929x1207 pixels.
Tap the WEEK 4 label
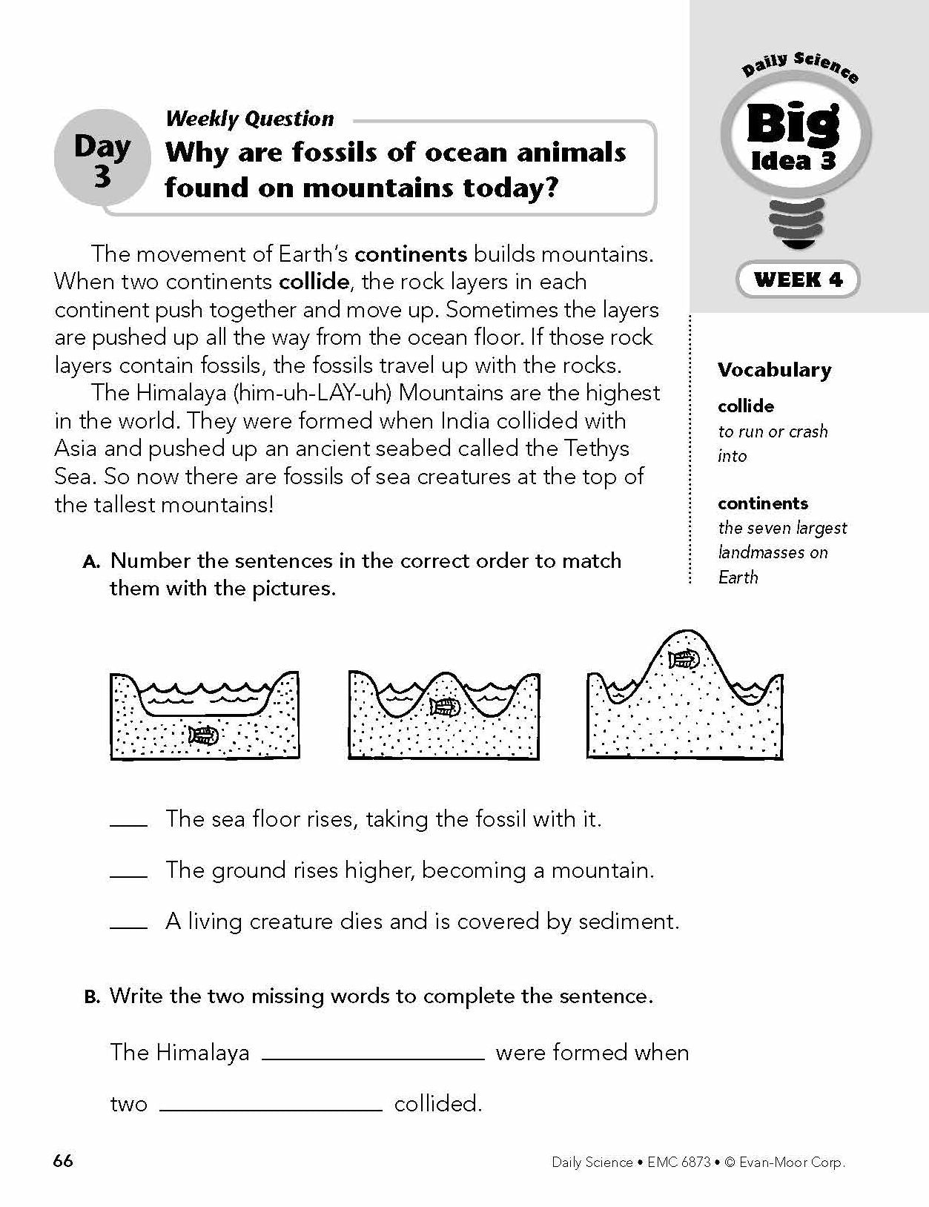point(798,280)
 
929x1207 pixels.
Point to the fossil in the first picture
point(204,735)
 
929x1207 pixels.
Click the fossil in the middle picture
point(445,707)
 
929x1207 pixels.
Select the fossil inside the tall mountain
point(684,658)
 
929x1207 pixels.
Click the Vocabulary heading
point(774,370)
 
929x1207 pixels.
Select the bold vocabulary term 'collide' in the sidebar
point(745,406)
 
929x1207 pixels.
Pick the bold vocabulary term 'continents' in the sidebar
point(762,503)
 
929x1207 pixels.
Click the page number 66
point(63,1160)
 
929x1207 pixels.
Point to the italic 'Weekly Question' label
point(250,119)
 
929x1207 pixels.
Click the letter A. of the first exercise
point(92,562)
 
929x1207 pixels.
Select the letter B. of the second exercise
point(92,997)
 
